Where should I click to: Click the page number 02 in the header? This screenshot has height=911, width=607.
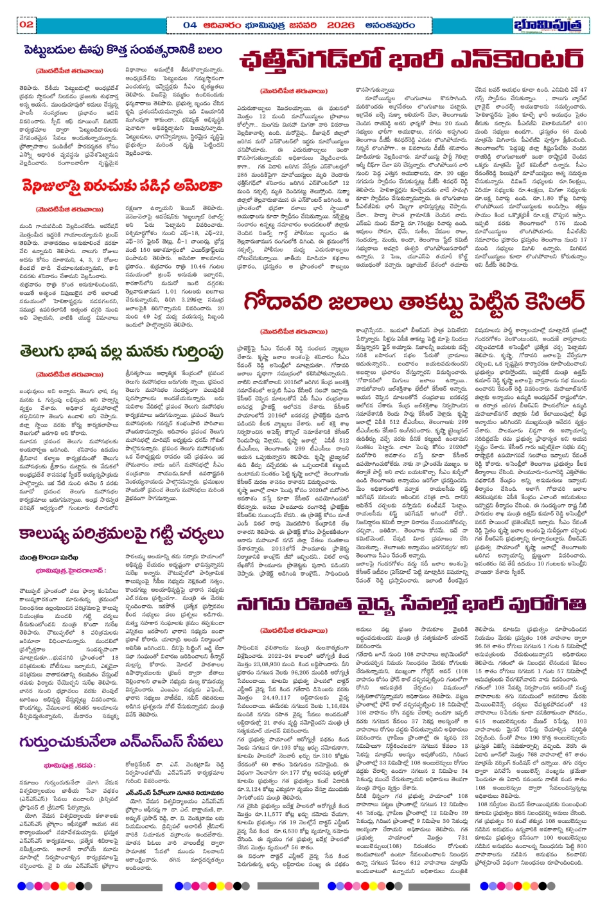[26, 25]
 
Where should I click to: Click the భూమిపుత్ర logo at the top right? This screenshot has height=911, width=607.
[550, 25]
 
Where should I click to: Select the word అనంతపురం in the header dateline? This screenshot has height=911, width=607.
[391, 25]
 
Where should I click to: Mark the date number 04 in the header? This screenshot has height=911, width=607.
[190, 25]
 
